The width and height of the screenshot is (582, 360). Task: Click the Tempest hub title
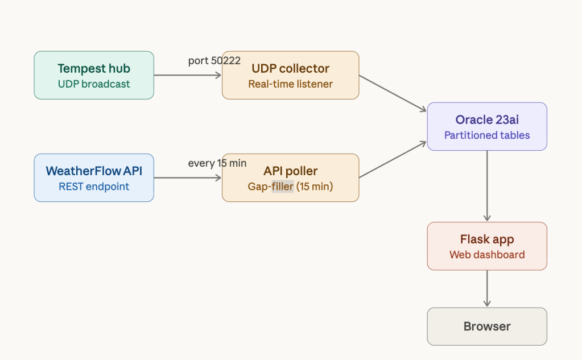click(x=94, y=69)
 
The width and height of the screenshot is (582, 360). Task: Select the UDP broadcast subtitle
click(x=94, y=84)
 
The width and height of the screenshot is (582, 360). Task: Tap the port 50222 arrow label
click(x=214, y=60)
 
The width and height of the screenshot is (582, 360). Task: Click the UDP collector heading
click(x=290, y=69)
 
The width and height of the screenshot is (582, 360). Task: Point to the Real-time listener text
click(x=290, y=84)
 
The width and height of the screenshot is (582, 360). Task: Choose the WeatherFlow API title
click(x=94, y=171)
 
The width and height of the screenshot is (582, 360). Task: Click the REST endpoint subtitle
click(x=94, y=187)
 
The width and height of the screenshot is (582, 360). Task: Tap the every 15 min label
click(x=217, y=163)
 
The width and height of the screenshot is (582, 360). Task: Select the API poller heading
click(x=290, y=171)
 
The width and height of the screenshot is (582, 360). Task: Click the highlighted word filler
click(x=282, y=187)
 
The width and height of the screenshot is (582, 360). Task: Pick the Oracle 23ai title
click(x=487, y=120)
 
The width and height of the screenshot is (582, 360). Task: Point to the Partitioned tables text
click(x=487, y=135)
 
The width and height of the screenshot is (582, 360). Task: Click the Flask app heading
click(x=487, y=240)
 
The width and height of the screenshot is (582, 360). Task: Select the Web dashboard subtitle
click(x=487, y=255)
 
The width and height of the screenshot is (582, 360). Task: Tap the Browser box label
click(x=487, y=326)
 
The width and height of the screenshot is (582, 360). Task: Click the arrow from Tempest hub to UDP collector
click(x=187, y=75)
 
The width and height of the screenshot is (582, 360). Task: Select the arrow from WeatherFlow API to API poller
click(x=187, y=178)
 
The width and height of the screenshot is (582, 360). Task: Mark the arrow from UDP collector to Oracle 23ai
click(x=393, y=93)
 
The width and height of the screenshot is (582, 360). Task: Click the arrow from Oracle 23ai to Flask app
click(x=487, y=186)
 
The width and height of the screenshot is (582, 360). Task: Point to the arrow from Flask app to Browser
click(x=487, y=288)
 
